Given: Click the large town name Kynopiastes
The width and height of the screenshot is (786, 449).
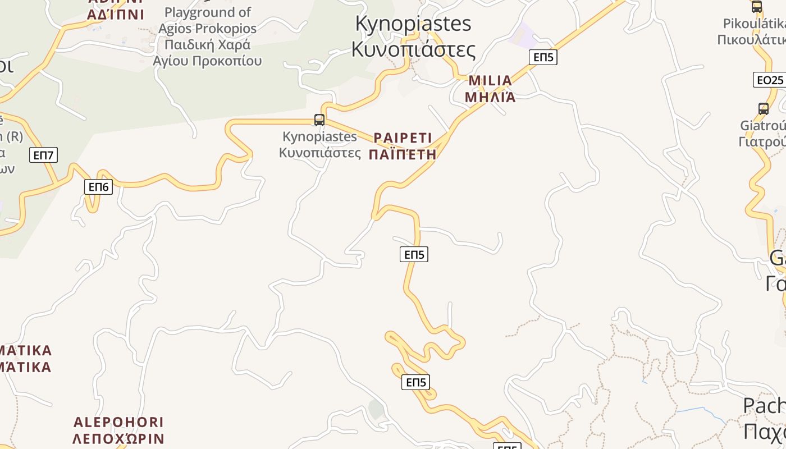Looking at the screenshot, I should tap(413, 24).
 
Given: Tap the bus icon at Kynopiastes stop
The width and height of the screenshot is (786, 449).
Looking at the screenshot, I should tap(319, 120).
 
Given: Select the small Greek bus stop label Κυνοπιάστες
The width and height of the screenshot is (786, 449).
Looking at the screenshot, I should tap(320, 152).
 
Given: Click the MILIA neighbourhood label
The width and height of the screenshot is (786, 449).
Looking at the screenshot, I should tap(490, 81).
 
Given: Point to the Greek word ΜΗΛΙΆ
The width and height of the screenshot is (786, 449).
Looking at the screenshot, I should tap(490, 97).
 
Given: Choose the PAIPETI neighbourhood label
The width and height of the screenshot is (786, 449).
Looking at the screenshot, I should tap(403, 138).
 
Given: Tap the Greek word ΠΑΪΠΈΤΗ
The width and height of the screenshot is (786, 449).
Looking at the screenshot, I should tap(403, 154).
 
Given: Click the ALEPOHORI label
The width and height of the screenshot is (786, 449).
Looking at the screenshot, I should tap(118, 422).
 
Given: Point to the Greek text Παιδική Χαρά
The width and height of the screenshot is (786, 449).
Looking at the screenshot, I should tap(207, 44).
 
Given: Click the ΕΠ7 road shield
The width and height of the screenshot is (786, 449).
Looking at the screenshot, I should tap(44, 155).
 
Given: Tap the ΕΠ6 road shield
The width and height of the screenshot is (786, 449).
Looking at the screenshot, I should tap(98, 187).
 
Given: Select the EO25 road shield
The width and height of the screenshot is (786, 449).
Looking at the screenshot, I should tap(769, 80).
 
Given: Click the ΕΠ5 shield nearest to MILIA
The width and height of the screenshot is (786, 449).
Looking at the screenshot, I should tap(543, 57).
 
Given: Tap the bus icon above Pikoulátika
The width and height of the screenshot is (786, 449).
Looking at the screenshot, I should tap(757, 7).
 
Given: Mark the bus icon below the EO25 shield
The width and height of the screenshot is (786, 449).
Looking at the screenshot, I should tap(764, 108).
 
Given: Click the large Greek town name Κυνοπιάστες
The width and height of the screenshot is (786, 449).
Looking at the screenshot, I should tap(413, 49).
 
